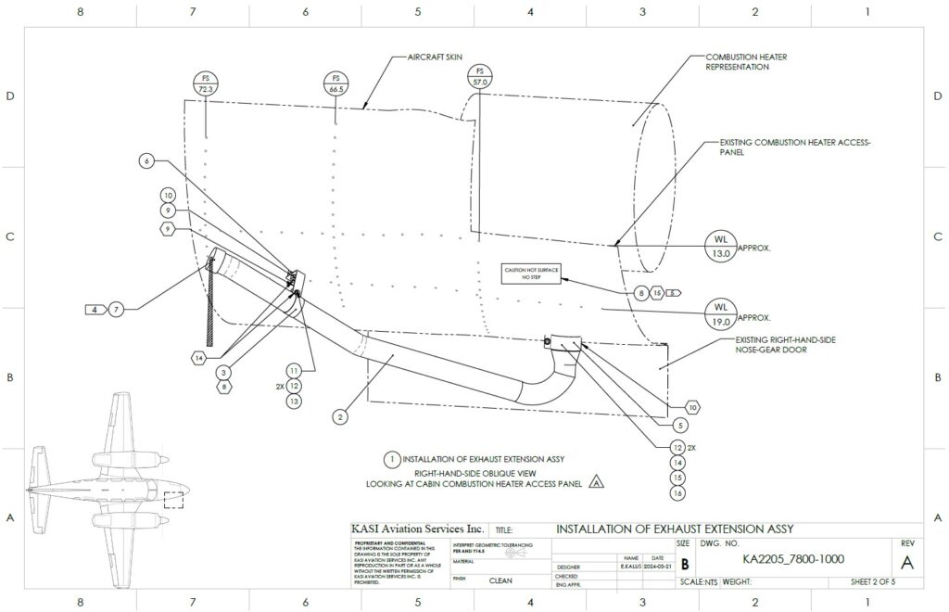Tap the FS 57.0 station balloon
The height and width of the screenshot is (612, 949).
pos(479,76)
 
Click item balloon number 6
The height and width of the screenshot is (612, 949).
pos(146,160)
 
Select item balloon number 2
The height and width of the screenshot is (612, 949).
pos(341,417)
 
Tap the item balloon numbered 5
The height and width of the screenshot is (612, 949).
pos(681,426)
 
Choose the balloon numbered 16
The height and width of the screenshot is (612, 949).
pos(678,493)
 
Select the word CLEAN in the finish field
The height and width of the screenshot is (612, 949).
pos(501,582)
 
